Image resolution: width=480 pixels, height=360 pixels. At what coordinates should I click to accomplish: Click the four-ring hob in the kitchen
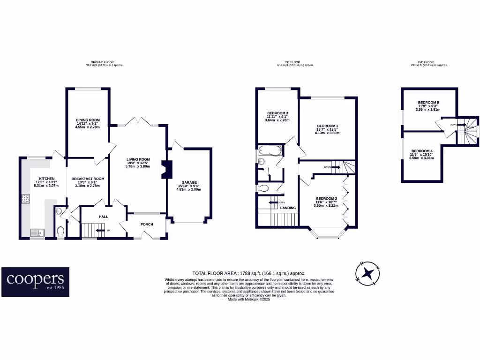(x=25, y=198)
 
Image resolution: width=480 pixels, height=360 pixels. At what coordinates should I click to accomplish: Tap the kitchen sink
(x=36, y=232)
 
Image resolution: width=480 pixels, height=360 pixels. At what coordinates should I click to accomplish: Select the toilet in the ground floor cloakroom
(x=60, y=231)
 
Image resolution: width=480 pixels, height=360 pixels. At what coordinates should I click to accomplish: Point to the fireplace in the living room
(x=164, y=170)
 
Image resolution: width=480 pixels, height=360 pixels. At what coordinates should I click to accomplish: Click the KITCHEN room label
(x=47, y=179)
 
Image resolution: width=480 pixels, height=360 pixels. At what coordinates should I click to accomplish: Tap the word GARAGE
(x=189, y=182)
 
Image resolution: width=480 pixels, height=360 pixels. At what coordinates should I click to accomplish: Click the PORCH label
(x=148, y=224)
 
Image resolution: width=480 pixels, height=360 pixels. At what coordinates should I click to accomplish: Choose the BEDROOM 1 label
(x=327, y=126)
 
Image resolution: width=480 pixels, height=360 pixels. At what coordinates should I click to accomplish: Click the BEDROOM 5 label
(x=428, y=102)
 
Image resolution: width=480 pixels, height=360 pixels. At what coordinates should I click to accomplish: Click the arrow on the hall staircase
(x=99, y=230)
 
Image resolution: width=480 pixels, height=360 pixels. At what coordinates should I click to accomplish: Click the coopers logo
(x=35, y=282)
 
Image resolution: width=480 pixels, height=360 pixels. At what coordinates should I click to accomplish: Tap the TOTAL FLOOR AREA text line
(x=249, y=273)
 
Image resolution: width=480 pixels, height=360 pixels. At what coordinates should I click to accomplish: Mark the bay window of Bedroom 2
(x=328, y=233)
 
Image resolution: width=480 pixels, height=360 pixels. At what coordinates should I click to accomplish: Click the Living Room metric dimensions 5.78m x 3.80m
(x=137, y=166)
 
